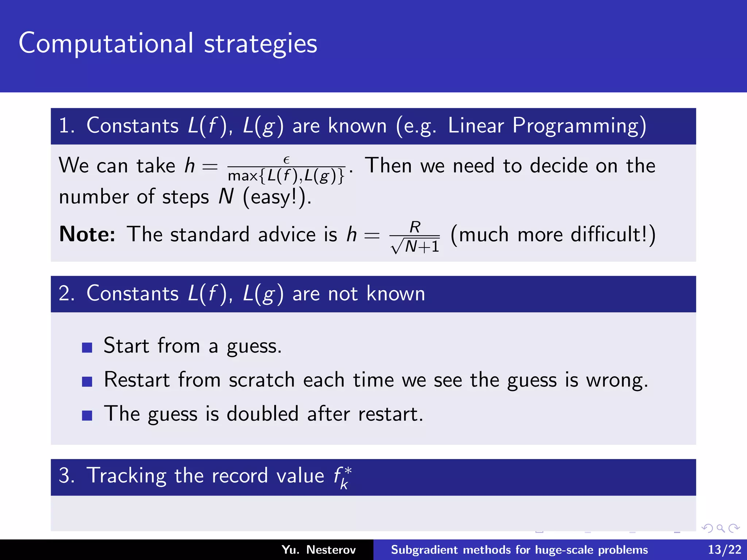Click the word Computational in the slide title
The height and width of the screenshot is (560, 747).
(106, 43)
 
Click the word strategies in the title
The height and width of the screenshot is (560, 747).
(260, 43)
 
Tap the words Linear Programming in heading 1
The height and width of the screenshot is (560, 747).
(546, 126)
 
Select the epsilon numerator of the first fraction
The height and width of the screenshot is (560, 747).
(286, 160)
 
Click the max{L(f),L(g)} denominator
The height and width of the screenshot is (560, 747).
(286, 176)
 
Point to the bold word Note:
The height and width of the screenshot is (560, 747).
(87, 234)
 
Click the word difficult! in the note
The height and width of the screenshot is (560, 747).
(613, 234)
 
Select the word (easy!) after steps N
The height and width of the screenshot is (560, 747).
(276, 197)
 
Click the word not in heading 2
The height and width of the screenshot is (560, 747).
(343, 293)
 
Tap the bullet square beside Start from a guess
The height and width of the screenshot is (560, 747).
(87, 347)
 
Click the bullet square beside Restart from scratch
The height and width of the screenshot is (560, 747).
(87, 381)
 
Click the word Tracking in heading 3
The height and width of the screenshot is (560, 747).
(126, 476)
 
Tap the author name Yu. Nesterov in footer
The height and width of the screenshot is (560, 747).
(318, 549)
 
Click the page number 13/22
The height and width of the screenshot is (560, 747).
(724, 549)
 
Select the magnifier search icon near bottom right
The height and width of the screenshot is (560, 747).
(720, 528)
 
